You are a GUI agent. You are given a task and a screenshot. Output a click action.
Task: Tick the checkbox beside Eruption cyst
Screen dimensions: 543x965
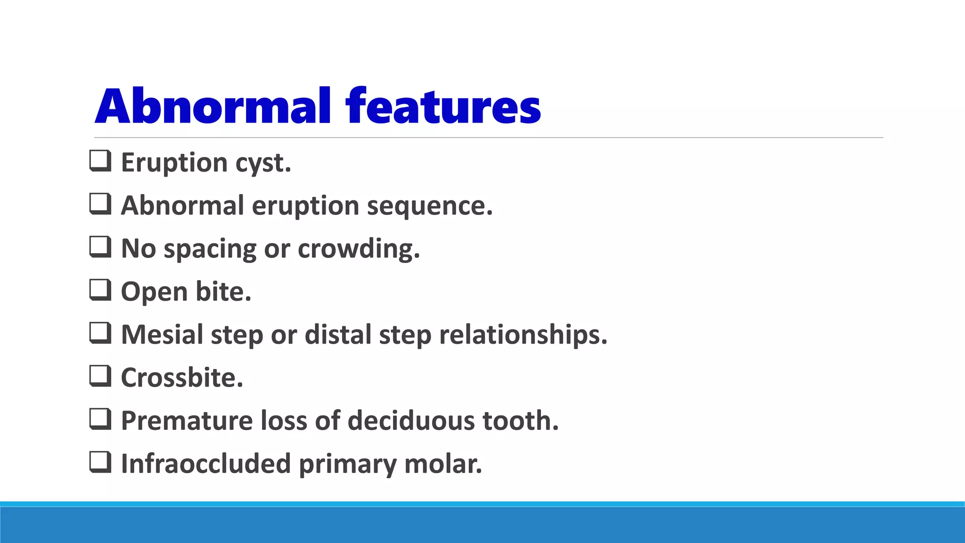[100, 161]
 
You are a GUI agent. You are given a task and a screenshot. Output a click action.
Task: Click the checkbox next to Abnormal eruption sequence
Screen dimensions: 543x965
[100, 204]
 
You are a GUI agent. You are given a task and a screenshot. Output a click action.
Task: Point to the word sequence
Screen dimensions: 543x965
[429, 206]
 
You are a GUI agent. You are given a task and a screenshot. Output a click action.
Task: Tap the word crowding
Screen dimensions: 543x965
[358, 248]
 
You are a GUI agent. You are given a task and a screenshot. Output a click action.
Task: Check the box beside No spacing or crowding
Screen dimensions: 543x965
[100, 247]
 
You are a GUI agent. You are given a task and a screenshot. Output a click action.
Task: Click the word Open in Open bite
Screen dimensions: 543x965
[154, 292]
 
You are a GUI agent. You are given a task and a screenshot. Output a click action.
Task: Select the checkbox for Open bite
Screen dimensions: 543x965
[100, 290]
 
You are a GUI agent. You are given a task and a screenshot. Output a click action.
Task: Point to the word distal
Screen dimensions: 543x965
[338, 335]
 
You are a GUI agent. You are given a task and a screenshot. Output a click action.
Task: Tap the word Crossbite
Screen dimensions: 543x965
[182, 378]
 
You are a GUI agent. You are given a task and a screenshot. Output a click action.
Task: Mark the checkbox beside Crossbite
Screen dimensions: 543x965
[100, 376]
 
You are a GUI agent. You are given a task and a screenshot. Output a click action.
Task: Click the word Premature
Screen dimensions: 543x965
[187, 420]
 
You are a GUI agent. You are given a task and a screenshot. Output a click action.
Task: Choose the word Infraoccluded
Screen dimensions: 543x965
[205, 463]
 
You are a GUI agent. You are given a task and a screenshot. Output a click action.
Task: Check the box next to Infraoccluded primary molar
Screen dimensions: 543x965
[100, 462]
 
